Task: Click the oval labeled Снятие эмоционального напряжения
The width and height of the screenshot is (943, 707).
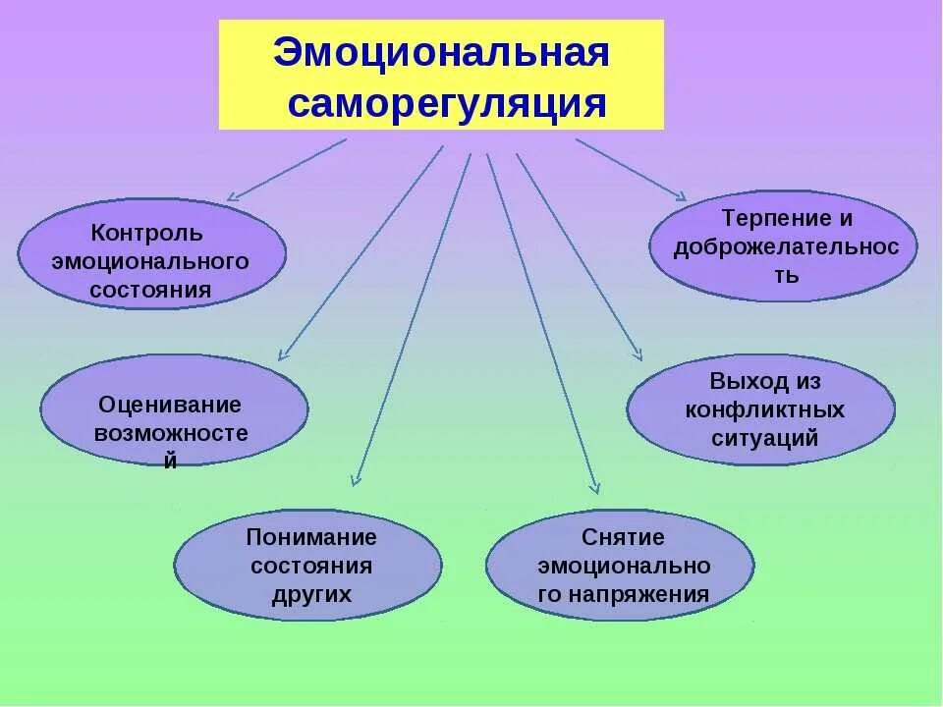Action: pyautogui.click(x=620, y=565)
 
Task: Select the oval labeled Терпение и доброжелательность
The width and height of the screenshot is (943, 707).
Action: pyautogui.click(x=783, y=245)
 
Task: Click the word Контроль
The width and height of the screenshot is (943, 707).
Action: pyautogui.click(x=146, y=235)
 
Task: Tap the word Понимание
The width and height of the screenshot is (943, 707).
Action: pyautogui.click(x=311, y=538)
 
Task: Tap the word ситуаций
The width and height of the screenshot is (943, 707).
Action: pyautogui.click(x=764, y=438)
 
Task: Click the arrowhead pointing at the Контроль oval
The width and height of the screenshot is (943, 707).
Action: pyautogui.click(x=232, y=197)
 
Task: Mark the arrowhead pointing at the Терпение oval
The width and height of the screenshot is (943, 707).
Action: pyautogui.click(x=679, y=195)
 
